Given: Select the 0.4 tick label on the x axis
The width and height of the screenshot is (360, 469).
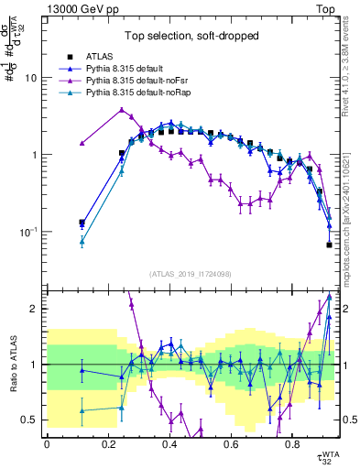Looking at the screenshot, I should [x=169, y=445].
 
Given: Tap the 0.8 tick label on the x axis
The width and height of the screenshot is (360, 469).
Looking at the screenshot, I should [x=291, y=445].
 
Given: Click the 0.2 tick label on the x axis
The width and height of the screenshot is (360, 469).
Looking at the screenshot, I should [x=108, y=445].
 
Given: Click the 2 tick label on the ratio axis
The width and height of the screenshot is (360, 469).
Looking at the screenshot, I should [x=35, y=309].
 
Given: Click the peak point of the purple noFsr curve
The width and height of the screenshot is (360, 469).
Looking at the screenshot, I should [x=122, y=110].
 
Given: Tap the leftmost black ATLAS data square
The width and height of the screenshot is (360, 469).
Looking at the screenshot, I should [x=82, y=223].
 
